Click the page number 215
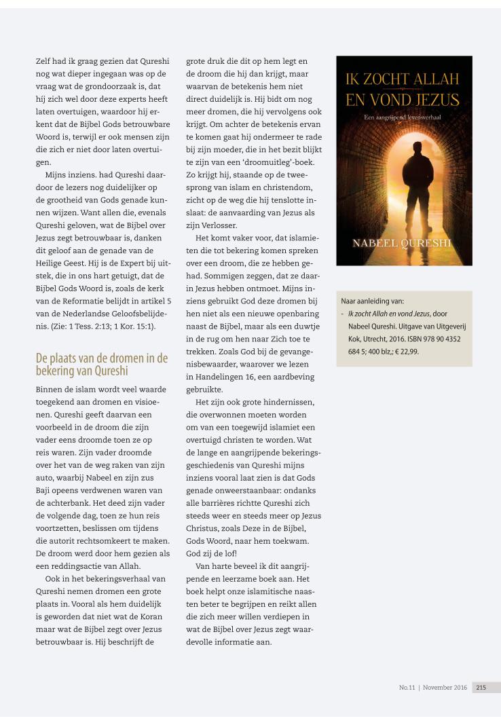[x=481, y=687]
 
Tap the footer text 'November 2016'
[x=445, y=687]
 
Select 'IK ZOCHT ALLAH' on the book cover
[x=403, y=79]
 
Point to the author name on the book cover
[x=403, y=243]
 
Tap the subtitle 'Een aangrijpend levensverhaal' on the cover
[x=403, y=118]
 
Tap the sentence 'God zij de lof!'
[x=211, y=552]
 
